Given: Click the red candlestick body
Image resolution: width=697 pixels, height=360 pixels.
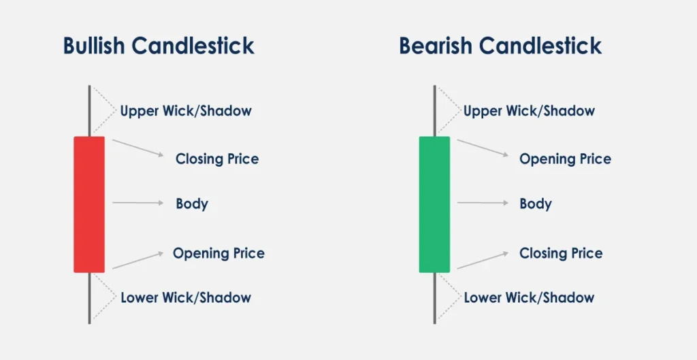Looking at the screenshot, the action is pos(89,204).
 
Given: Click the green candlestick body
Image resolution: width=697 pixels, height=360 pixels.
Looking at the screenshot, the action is pos(434,204).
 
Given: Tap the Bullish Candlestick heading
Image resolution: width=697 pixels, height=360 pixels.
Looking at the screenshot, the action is pos(159,46).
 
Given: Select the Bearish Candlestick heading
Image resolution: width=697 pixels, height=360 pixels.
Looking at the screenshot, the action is pos(500,46).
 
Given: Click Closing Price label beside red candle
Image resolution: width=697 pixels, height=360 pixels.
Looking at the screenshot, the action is pos(217,159).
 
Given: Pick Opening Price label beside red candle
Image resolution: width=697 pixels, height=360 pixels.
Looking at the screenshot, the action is pos(218,253).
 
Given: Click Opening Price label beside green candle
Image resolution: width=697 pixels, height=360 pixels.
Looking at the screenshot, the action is pos(565,159).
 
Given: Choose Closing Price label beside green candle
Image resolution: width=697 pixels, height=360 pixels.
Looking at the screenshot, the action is pos(561,253).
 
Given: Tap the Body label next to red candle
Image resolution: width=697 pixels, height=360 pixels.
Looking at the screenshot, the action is pos(192,204).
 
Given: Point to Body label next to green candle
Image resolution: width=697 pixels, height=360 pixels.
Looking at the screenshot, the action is pos(536,204).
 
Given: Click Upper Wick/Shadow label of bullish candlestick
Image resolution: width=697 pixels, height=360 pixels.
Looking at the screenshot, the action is pos(186,111).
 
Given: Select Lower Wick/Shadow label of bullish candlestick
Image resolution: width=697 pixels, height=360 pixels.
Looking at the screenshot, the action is pos(186,297).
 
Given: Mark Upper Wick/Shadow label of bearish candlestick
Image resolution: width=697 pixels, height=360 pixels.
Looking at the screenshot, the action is pos(529,111).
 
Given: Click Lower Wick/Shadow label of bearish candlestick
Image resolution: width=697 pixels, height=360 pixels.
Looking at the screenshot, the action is pos(529,297).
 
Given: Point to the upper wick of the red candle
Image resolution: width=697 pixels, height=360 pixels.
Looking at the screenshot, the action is pos(89,111).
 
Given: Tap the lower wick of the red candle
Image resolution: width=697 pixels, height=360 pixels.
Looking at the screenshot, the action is pos(89,298).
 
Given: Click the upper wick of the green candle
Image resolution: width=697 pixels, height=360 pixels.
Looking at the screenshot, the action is pos(434,111).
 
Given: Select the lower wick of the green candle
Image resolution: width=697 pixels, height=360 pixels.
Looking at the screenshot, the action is pos(434,298).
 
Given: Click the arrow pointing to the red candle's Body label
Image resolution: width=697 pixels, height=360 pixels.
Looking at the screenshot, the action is pos(138,203).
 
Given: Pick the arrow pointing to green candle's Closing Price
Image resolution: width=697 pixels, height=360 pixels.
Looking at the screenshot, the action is pos(483,260).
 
